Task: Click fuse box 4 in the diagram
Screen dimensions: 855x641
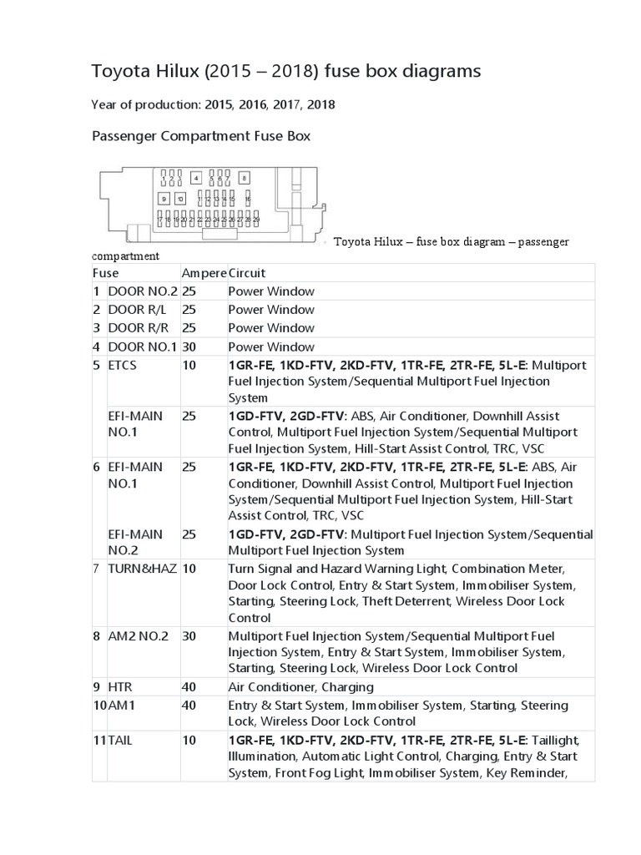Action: [x=195, y=178]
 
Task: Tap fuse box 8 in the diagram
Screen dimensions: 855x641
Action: [x=244, y=178]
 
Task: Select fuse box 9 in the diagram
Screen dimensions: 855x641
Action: [x=164, y=199]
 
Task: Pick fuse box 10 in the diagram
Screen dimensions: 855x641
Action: [x=179, y=199]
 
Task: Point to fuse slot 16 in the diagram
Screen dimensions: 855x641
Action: [x=248, y=199]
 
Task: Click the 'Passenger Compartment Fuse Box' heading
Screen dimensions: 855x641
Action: [x=200, y=135]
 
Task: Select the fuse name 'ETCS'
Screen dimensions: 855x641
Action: [x=123, y=365]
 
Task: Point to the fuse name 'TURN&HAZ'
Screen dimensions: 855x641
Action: [x=142, y=568]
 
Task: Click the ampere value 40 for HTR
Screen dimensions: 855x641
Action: [x=189, y=687]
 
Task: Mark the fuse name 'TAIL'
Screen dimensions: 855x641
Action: [x=120, y=740]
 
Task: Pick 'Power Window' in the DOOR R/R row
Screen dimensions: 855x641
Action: [x=271, y=328]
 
